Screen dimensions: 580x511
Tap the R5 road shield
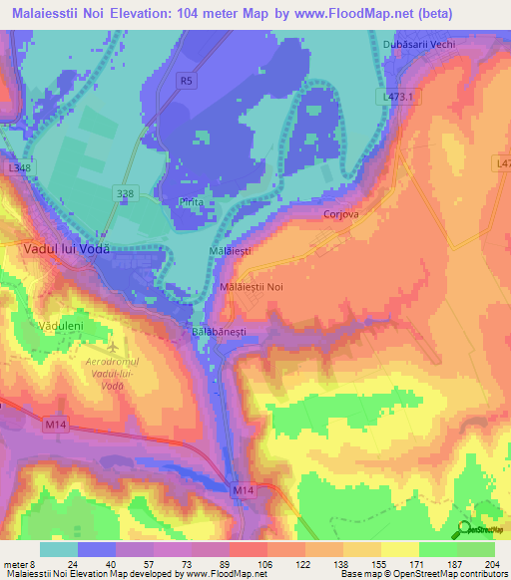tap(187, 81)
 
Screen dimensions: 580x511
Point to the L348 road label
tap(17, 168)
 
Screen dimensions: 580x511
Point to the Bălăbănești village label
tap(218, 327)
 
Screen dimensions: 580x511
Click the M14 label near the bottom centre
tap(244, 491)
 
